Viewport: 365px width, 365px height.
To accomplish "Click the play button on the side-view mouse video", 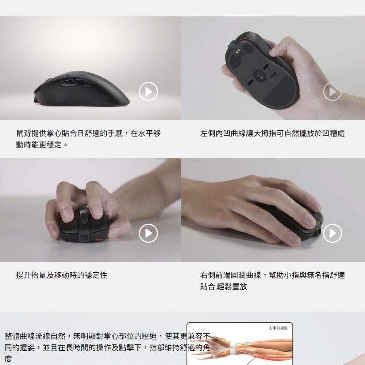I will [x=149, y=92].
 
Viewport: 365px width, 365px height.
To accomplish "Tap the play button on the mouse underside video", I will [x=333, y=92].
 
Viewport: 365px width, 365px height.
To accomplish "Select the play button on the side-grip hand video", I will [x=333, y=233].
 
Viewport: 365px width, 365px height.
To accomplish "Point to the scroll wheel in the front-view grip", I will [x=84, y=219].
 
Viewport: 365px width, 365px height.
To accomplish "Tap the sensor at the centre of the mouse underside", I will [x=260, y=76].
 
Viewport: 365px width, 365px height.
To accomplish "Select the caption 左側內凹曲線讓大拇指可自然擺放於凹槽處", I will [x=272, y=134].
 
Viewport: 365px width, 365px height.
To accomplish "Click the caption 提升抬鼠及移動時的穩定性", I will [x=62, y=275].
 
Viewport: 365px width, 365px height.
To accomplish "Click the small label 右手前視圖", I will [x=278, y=328].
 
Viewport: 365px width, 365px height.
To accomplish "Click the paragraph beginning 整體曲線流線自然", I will [x=106, y=347].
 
